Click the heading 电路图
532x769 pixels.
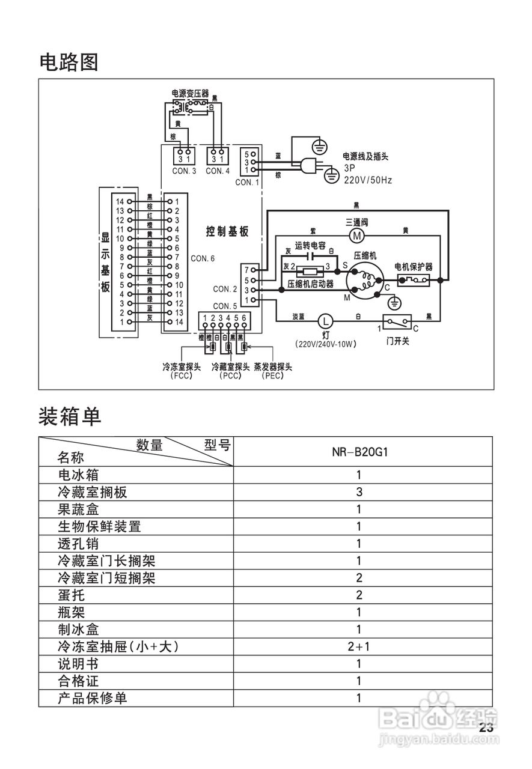pyautogui.click(x=69, y=62)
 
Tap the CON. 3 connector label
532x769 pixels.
pyautogui.click(x=184, y=171)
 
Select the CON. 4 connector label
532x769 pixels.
pyautogui.click(x=218, y=171)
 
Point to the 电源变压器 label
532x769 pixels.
pyautogui.click(x=190, y=93)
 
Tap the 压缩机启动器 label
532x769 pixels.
pyautogui.click(x=310, y=284)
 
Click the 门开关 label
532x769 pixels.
pyautogui.click(x=398, y=341)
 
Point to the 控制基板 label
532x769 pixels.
pyautogui.click(x=227, y=232)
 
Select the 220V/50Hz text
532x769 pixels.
pyautogui.click(x=368, y=180)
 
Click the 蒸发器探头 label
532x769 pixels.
pyautogui.click(x=273, y=366)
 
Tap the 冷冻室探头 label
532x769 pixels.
pyautogui.click(x=181, y=366)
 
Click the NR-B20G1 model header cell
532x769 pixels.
pyautogui.click(x=359, y=451)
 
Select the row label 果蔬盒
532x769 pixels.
pyautogui.click(x=78, y=509)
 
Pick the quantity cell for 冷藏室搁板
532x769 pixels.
pyautogui.click(x=359, y=492)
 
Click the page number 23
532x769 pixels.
pyautogui.click(x=486, y=728)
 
